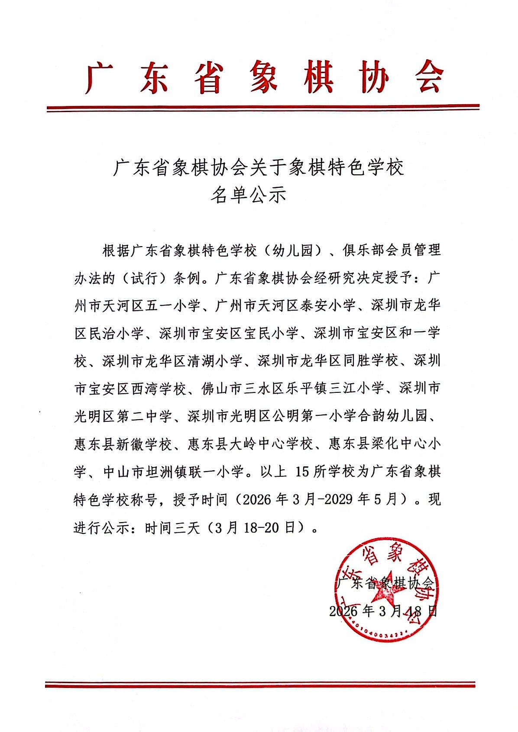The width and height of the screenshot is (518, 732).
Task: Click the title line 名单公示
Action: click(x=248, y=196)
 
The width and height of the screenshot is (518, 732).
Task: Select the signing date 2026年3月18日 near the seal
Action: click(x=383, y=611)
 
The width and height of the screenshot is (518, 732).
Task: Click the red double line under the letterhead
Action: click(x=262, y=108)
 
